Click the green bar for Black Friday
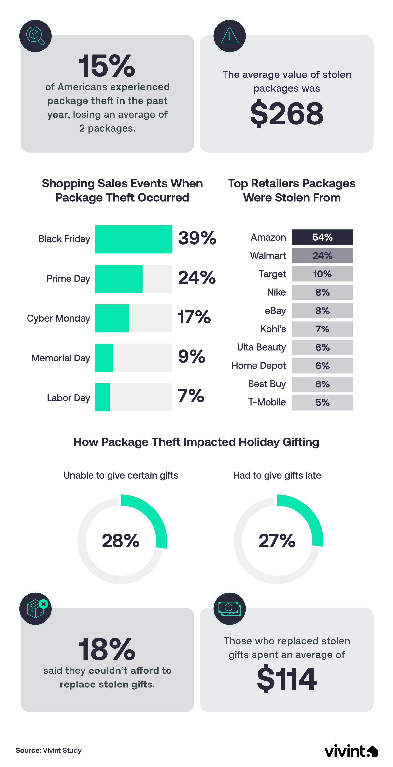point(133,239)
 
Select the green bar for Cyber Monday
point(112,318)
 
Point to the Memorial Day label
point(61,358)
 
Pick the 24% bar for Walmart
point(323,256)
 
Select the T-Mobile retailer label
point(267,402)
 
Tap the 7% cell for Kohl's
point(323,329)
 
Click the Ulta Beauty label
point(261,347)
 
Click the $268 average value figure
point(287,113)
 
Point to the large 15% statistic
point(107,66)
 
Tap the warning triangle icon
point(229,36)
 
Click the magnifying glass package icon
point(35,36)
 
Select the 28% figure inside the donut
point(121,540)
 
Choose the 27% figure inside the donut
point(277,540)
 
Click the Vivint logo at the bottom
point(351,751)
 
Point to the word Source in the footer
point(28,750)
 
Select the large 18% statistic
point(107,649)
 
